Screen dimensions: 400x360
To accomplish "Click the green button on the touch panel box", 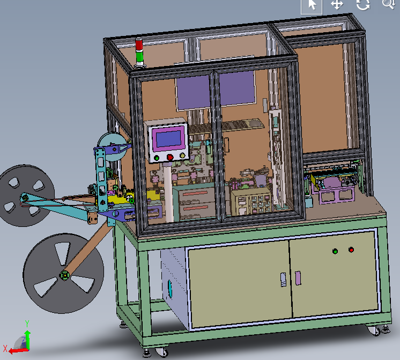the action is [157, 158].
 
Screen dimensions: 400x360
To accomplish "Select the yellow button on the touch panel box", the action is [182, 155].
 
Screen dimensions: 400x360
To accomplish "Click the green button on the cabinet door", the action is [335, 252].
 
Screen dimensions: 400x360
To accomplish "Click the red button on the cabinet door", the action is [351, 249].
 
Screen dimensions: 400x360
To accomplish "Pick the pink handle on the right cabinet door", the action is [298, 278].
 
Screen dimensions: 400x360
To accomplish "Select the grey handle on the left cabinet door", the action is [283, 280].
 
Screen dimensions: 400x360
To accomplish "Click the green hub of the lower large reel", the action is [64, 275].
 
